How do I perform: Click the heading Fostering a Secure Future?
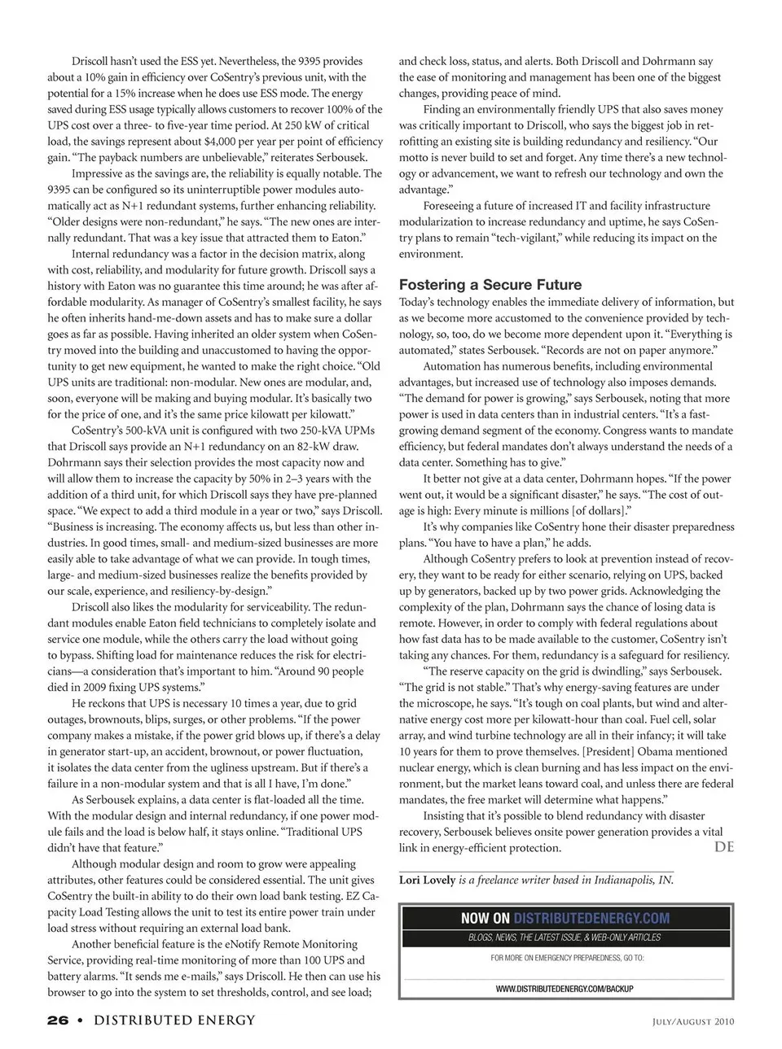490,285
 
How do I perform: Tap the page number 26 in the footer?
57,1021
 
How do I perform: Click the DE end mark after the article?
723,846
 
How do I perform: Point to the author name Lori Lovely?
427,880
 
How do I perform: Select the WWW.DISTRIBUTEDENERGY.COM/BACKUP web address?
565,988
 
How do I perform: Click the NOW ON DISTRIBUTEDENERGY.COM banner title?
565,918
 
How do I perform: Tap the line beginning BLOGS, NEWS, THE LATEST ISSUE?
565,938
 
